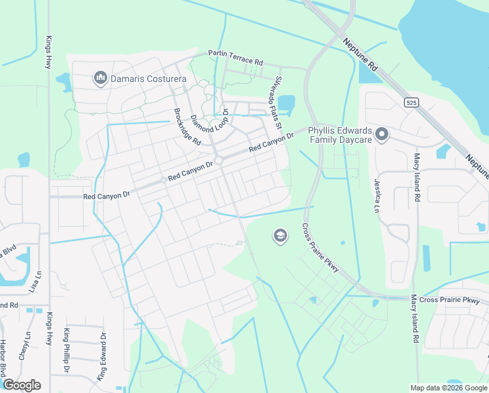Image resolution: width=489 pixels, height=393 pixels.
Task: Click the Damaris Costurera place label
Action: (148, 79)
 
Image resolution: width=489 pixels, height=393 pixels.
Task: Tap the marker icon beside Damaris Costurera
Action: (101, 79)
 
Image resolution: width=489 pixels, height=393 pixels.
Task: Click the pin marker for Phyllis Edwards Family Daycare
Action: (382, 135)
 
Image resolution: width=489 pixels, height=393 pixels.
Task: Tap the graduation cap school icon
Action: (280, 236)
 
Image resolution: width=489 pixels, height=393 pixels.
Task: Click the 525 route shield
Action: (411, 103)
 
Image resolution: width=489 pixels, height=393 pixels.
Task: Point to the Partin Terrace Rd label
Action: (235, 58)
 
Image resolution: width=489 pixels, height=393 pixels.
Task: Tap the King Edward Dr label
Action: (102, 356)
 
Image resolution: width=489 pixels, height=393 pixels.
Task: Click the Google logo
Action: (22, 385)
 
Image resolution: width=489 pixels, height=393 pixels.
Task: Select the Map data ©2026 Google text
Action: (448, 388)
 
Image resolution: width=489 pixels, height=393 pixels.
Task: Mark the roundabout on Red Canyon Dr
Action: (219, 161)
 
